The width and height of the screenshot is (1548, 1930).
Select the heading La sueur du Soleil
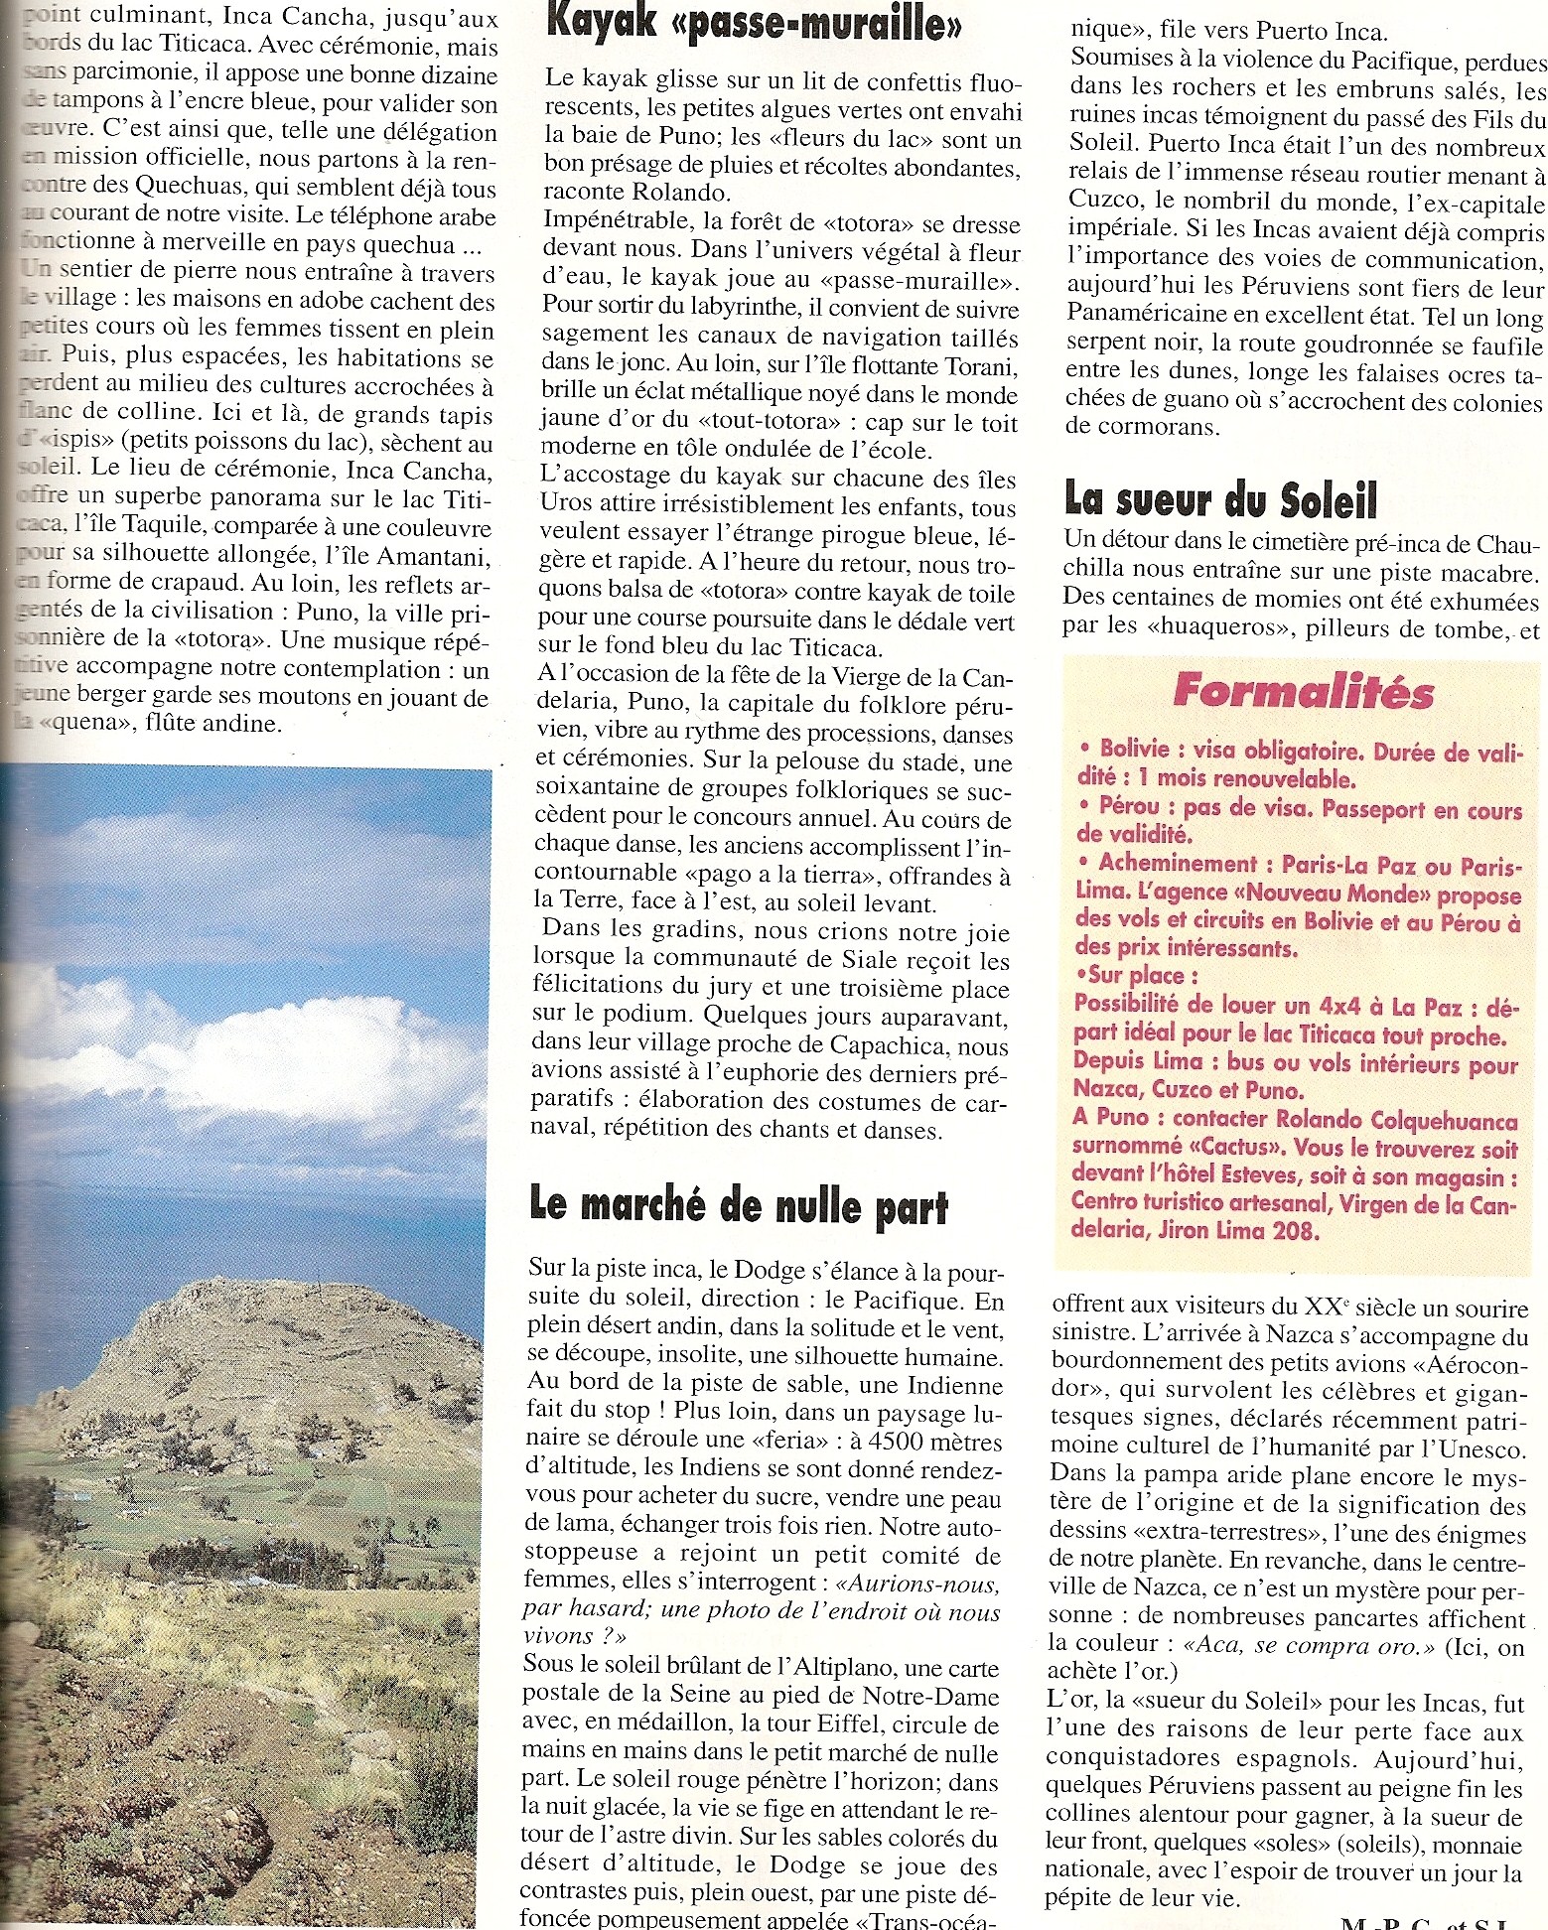coord(1220,499)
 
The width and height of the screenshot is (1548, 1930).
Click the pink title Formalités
coord(1303,692)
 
